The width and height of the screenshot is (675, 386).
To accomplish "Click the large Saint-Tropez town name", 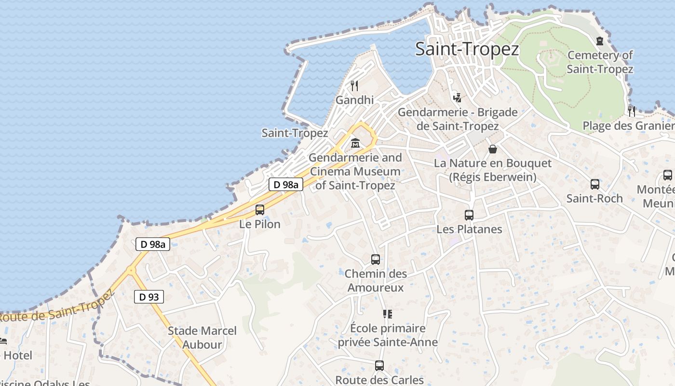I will pos(467,49).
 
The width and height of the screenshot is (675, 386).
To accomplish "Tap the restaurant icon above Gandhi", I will pos(354,86).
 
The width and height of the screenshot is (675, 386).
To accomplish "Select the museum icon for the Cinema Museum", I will pos(355,143).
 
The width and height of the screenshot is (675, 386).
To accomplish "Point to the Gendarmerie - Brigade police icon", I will pos(457,97).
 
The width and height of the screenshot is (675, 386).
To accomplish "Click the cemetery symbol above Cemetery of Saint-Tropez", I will pos(600,41).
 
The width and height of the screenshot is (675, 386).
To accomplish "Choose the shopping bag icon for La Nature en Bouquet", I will pos(493,149).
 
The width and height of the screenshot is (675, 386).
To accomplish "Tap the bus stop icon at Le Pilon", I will pos(260,210).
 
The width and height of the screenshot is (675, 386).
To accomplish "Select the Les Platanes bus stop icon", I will pos(469,215).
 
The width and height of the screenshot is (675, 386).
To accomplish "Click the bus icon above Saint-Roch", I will pos(595,184).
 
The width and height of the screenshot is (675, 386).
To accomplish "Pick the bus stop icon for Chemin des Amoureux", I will pos(376,260).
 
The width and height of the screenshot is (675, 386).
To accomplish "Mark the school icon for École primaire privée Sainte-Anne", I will pos(388,314).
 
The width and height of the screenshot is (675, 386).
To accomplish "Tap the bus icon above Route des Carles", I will pos(379,366).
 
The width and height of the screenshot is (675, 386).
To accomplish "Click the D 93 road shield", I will pos(149,297).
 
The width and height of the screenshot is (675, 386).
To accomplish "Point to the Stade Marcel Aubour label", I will pos(202,338).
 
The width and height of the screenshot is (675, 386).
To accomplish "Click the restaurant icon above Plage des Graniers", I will pos(631,111).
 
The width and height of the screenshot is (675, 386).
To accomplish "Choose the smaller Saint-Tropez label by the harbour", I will pos(295,133).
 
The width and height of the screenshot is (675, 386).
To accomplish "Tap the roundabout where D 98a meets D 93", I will pos(131,271).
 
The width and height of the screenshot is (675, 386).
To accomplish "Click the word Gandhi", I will pos(354,100).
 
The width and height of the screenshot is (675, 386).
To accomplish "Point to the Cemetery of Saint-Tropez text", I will pos(600,62).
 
